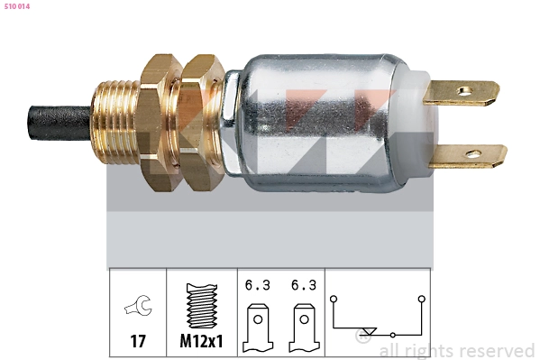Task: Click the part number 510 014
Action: (x=17, y=6)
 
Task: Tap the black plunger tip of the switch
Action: (x=59, y=123)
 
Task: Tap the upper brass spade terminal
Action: (x=462, y=93)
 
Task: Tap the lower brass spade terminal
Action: (x=469, y=156)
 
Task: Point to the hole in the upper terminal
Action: (x=465, y=91)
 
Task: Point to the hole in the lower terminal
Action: (x=473, y=153)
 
